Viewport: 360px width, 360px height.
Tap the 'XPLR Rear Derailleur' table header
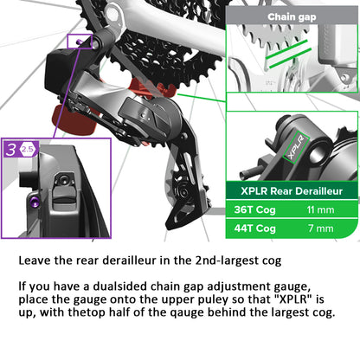click(292, 190)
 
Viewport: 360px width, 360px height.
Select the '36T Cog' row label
click(254, 209)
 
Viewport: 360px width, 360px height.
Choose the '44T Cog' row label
click(254, 228)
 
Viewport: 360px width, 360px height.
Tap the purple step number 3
click(11, 149)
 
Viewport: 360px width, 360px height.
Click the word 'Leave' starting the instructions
click(37, 259)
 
